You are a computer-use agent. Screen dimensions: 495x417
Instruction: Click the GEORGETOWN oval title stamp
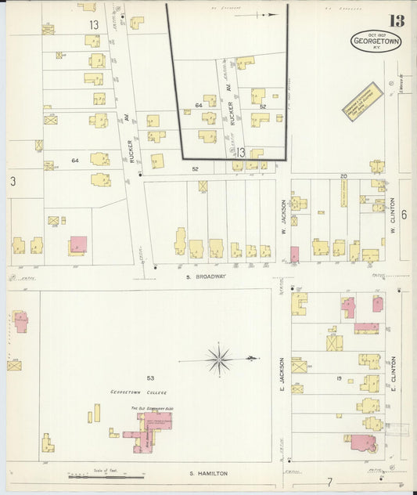(376, 42)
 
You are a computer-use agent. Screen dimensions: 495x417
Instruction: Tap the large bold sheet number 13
(377, 20)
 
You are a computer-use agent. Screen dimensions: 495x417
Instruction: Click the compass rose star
(219, 360)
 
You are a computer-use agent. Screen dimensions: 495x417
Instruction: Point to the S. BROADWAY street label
(206, 276)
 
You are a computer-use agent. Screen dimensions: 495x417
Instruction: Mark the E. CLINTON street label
(394, 374)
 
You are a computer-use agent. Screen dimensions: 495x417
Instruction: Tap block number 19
(340, 378)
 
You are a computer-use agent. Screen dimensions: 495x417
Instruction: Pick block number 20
(343, 176)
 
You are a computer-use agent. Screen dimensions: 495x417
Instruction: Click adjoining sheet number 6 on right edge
(404, 215)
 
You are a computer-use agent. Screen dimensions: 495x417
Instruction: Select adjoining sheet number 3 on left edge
(13, 181)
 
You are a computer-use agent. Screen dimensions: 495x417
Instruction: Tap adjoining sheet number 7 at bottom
(330, 481)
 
